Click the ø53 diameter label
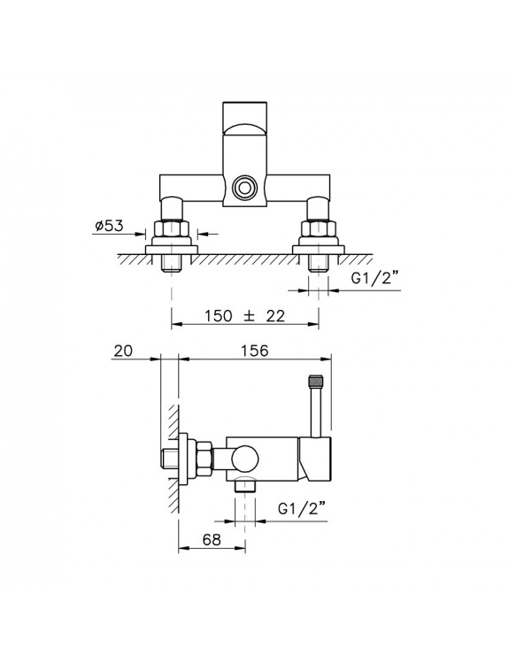109,226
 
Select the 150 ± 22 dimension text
244,315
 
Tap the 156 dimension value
255,351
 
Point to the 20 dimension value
123,351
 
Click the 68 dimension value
212,540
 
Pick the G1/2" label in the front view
375,279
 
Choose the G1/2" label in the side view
303,508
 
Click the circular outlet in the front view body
244,187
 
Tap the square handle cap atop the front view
244,117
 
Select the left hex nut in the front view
172,229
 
